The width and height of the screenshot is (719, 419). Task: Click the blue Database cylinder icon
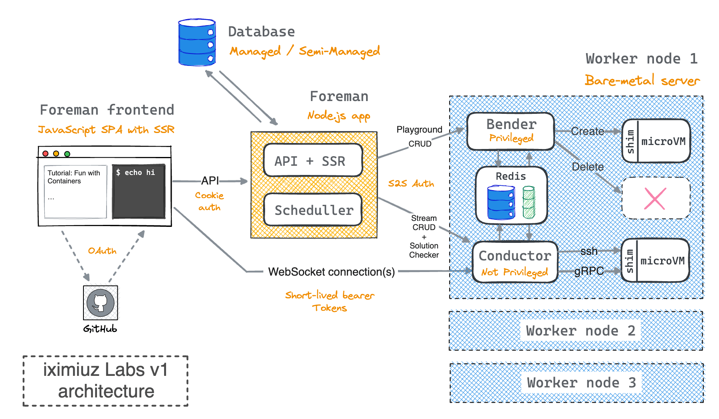[197, 42]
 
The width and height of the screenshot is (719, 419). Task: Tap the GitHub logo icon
[101, 303]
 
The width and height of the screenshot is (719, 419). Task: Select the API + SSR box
[313, 160]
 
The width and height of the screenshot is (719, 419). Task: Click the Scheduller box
[313, 210]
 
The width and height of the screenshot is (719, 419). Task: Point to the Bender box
[511, 131]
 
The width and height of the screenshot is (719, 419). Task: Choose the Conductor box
[515, 262]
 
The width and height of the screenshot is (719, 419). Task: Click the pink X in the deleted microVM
[655, 199]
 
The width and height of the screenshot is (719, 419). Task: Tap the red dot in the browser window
[46, 154]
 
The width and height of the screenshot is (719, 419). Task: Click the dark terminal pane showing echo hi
[139, 191]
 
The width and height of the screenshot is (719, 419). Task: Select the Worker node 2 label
[580, 331]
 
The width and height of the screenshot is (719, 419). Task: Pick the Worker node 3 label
[581, 383]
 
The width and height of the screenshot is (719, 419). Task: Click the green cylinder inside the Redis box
[529, 202]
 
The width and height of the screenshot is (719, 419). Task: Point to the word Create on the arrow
[587, 131]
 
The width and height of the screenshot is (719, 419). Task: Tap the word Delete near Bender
[588, 167]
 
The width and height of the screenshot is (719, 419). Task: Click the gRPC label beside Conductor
[589, 271]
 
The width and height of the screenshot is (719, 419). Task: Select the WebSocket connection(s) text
[331, 272]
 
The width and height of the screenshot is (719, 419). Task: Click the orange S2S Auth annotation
[411, 183]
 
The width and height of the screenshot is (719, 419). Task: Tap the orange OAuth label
[102, 250]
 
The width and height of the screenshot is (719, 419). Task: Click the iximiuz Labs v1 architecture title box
[106, 381]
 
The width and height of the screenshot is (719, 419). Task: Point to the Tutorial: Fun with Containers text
[74, 177]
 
